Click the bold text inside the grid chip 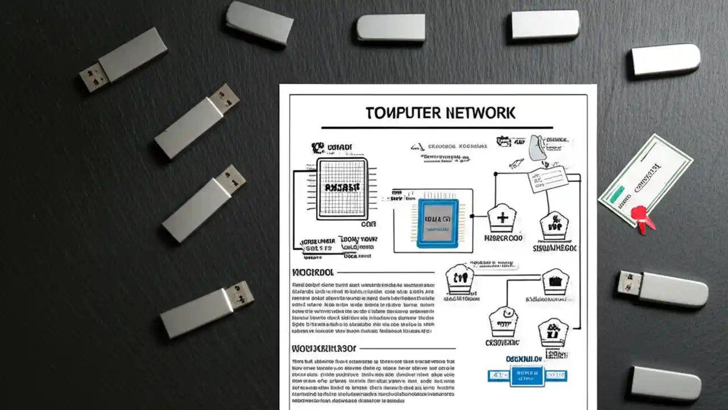[341, 187]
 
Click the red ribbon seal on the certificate [643, 218]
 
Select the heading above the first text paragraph [312, 272]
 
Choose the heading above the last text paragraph [324, 347]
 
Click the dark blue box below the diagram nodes [527, 375]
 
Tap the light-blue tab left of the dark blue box [498, 375]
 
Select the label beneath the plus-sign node [503, 238]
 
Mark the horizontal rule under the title [436, 128]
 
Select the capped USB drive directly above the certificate [665, 59]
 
